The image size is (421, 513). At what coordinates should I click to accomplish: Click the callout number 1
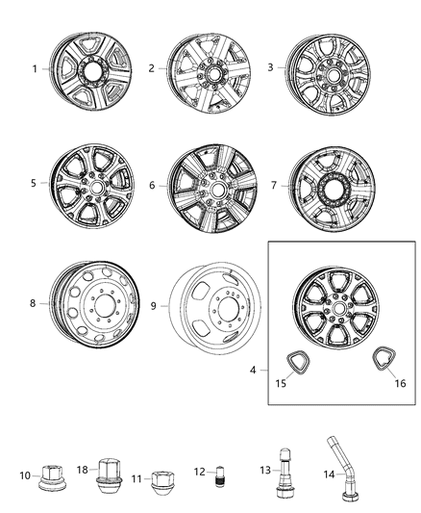pyautogui.click(x=36, y=69)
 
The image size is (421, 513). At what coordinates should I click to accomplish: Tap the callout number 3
pyautogui.click(x=270, y=68)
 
